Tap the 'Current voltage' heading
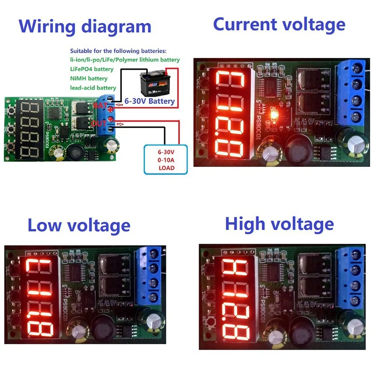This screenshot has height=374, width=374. pos(279,24)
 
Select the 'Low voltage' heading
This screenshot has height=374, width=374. pos(79,226)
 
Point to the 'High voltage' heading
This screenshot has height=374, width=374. pos(279,224)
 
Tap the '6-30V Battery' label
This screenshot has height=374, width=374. pos(150,101)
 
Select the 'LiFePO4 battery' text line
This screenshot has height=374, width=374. pos(92,69)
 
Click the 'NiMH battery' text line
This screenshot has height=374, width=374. pos(89,79)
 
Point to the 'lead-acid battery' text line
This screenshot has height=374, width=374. pos(93,88)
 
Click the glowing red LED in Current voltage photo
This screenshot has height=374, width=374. pos(274,114)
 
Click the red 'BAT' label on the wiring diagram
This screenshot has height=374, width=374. pos(100,106)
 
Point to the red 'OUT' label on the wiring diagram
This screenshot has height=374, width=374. pos(99,123)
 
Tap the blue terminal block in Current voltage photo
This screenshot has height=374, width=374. pos(353,93)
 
